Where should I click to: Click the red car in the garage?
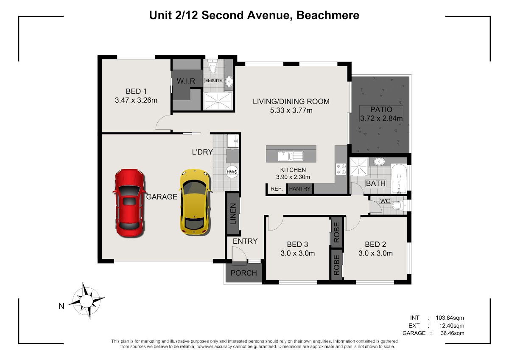(129, 203)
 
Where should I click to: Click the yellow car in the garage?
(195, 202)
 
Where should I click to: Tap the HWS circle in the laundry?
(232, 172)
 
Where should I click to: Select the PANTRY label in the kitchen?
(300, 189)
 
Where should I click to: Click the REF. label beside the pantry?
(277, 189)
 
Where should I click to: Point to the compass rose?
(87, 301)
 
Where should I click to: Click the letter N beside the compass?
(62, 307)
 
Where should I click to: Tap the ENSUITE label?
(213, 81)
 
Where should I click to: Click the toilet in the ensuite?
(213, 66)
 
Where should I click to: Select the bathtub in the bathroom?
(399, 179)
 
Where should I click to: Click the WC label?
(385, 201)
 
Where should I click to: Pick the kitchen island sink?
(291, 156)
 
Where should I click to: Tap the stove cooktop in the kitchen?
(341, 169)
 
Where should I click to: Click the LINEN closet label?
(233, 214)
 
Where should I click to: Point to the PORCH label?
(243, 273)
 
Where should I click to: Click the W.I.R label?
(186, 81)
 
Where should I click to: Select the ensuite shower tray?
(218, 101)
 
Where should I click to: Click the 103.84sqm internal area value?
(450, 318)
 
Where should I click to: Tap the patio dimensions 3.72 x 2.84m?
(381, 118)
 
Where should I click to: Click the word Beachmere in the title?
(327, 15)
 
